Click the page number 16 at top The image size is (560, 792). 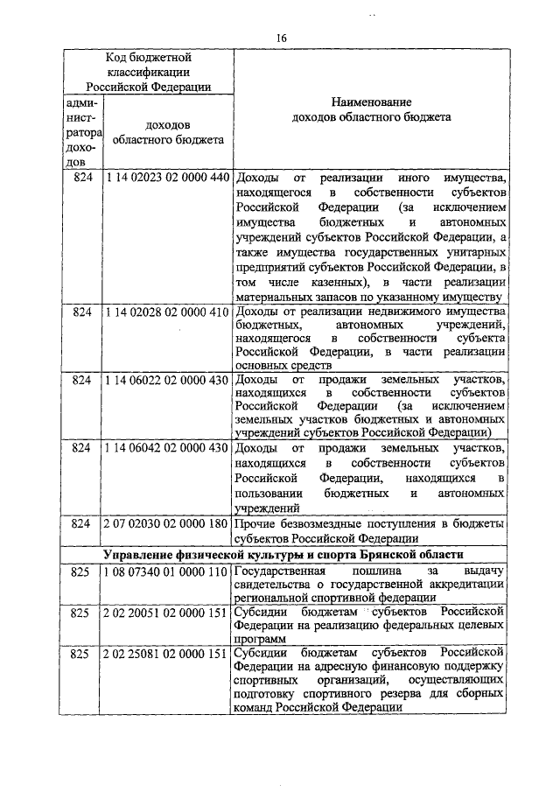pos(281,37)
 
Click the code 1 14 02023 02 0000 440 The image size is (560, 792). pos(166,178)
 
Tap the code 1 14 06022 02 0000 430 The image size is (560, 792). pos(166,380)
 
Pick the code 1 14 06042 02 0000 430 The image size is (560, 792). pos(166,448)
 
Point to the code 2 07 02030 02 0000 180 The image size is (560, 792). pos(166,523)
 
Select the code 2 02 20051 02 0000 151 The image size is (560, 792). pos(166,612)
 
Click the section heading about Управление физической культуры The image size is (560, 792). pos(282,555)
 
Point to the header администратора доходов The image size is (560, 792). pos(81,132)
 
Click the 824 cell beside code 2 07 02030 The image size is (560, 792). pos(81,523)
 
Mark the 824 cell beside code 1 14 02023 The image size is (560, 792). pos(81,178)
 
